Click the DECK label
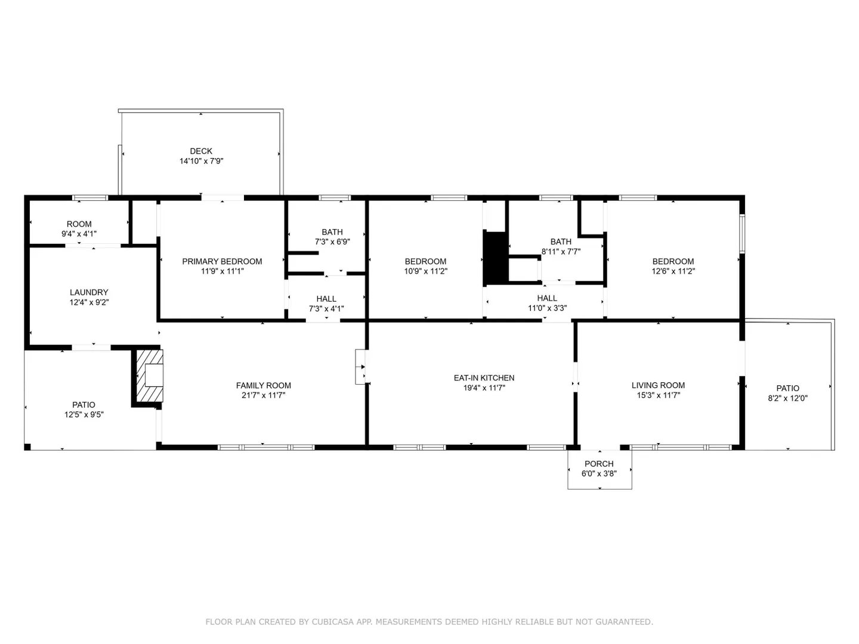201,151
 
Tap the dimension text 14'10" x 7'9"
201,161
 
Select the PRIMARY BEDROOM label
223,262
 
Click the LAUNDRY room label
89,292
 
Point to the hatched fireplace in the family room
149,376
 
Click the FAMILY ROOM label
264,386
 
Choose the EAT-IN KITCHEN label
484,378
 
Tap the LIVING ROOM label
658,386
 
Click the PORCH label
599,464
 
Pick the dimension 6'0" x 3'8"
599,474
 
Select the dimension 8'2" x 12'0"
788,398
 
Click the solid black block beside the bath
496,258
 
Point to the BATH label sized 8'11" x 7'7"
561,242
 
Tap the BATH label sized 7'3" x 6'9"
332,233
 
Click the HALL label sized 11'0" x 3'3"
547,298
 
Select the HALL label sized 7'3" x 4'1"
326,299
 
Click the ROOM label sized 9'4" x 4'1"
79,224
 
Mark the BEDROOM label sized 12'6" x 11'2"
673,262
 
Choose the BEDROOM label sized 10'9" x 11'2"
425,262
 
